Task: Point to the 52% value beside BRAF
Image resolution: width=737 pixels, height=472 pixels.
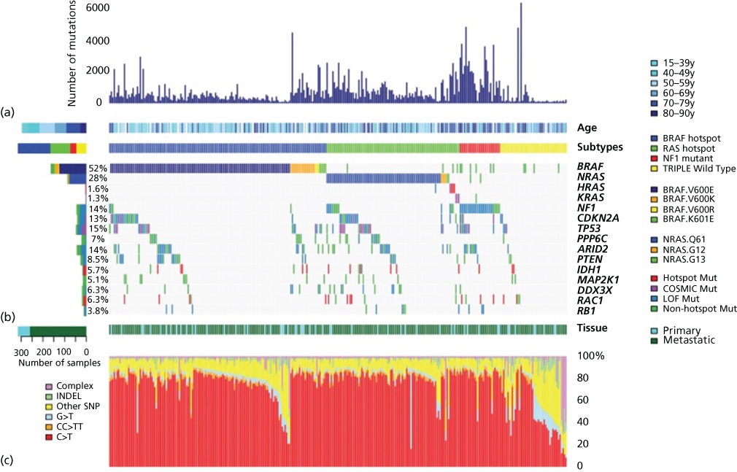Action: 97,168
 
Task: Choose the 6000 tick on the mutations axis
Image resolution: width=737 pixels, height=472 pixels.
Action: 89,8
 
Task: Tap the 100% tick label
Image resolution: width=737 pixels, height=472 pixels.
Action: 589,356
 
